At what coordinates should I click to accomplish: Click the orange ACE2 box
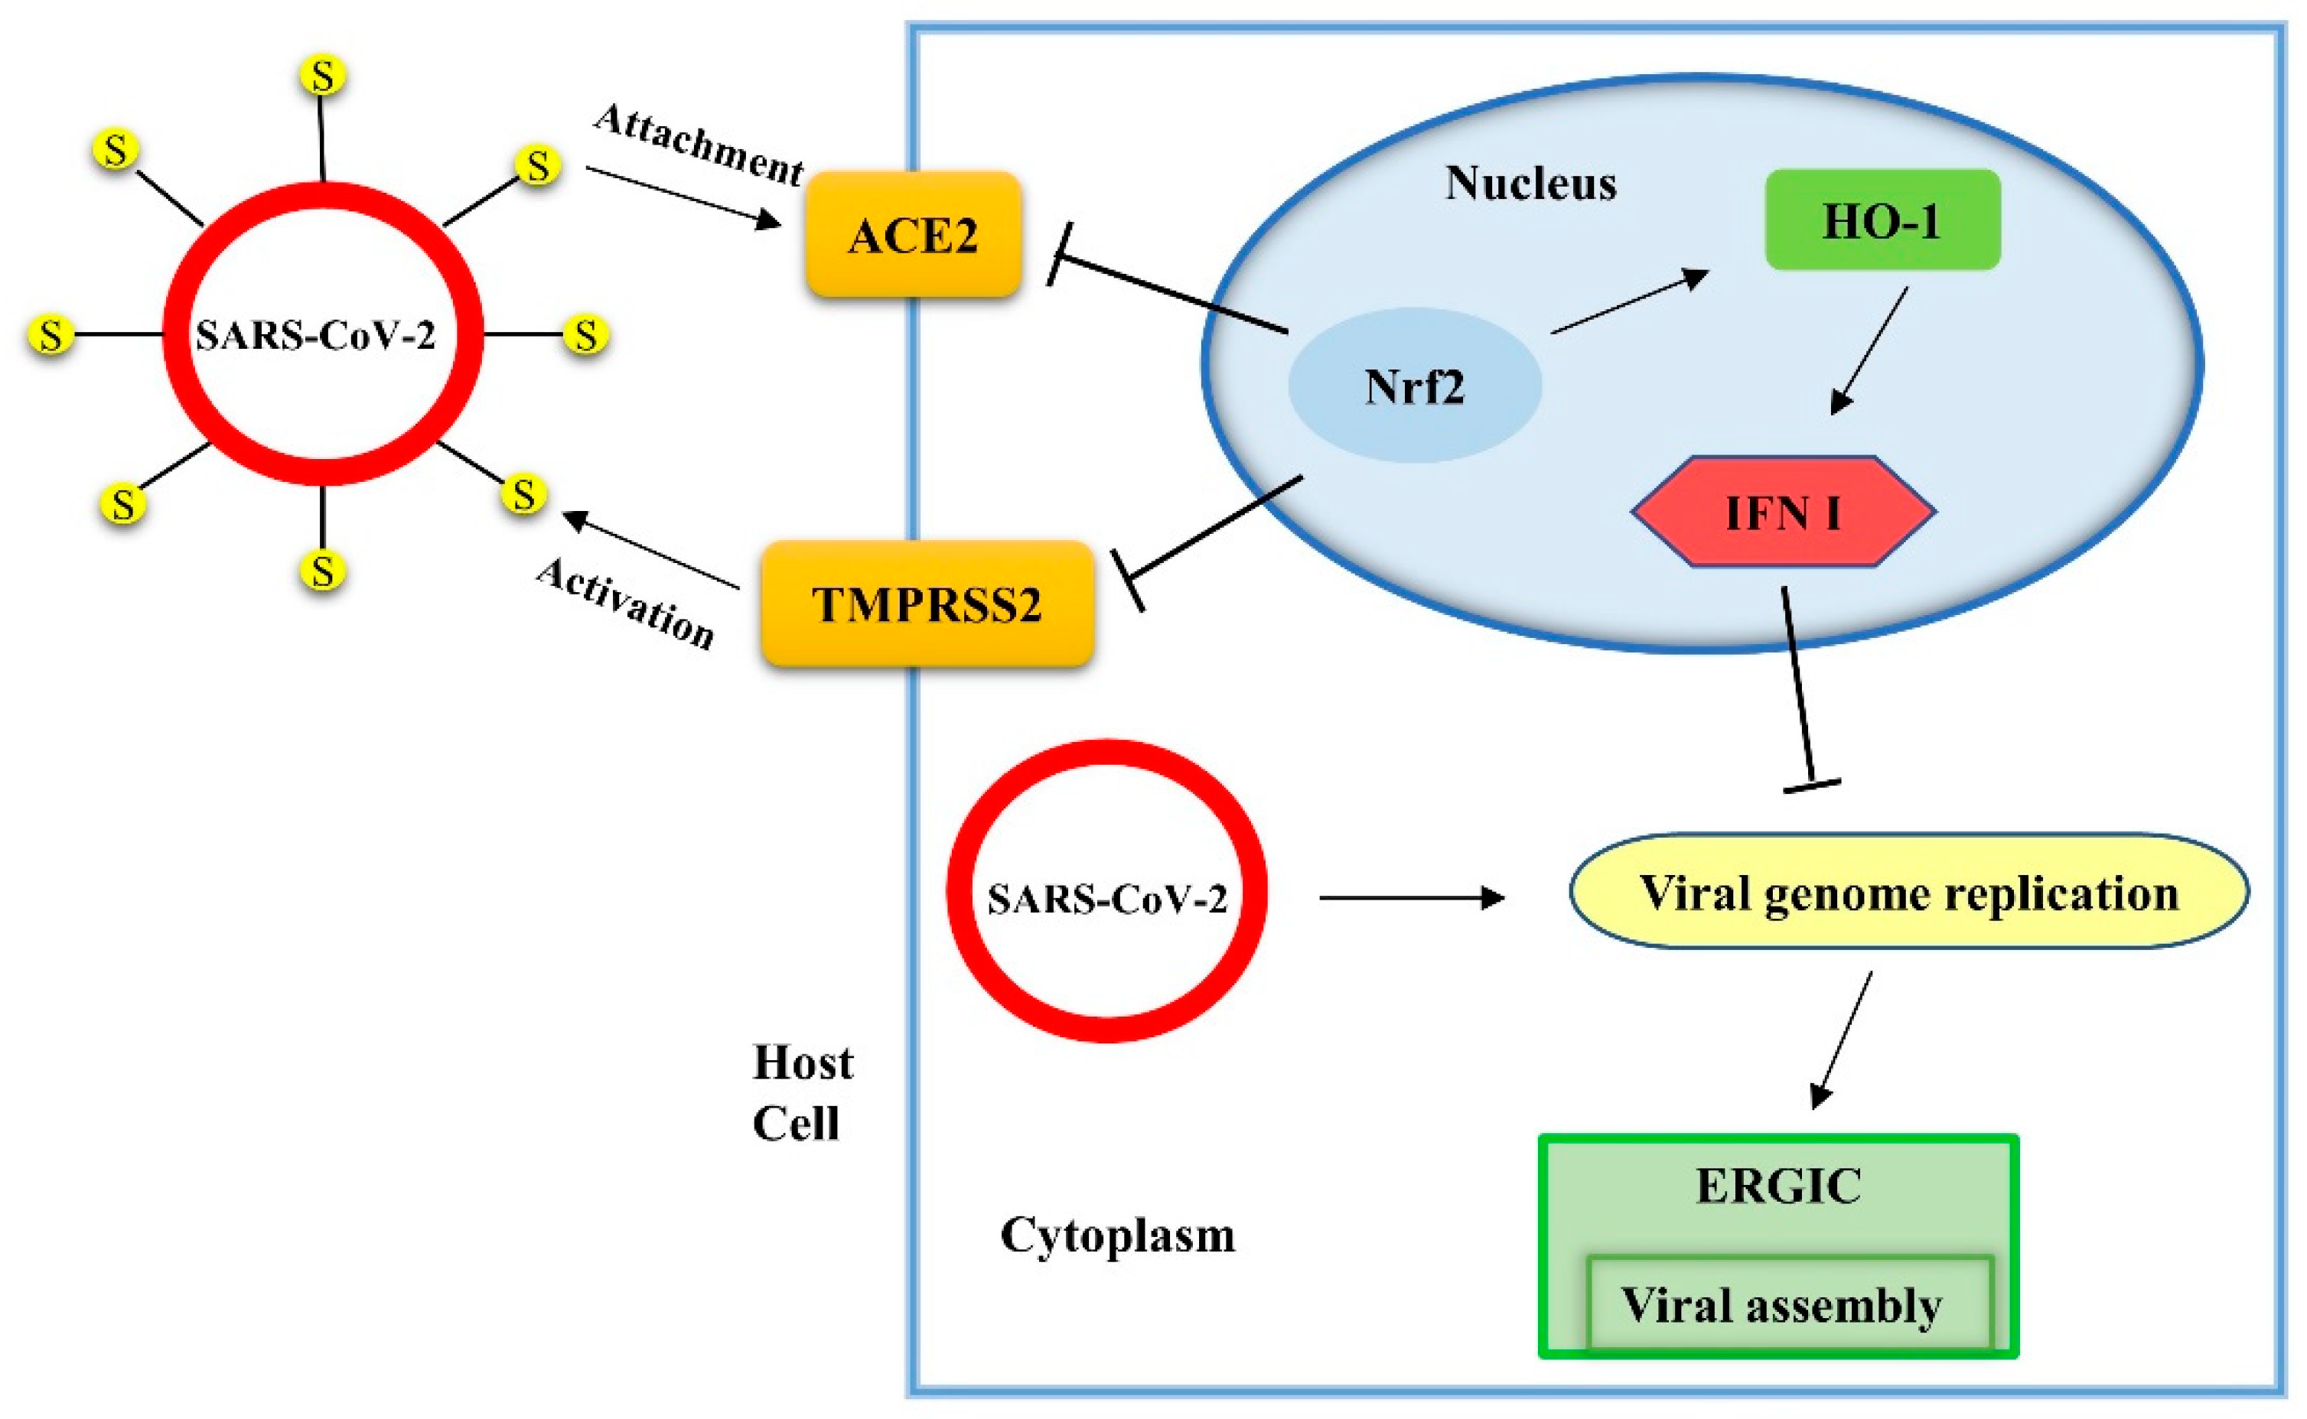point(913,235)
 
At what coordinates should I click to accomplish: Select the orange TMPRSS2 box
point(927,604)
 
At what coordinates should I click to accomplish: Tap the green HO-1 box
point(1882,220)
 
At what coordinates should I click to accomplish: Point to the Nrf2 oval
point(1414,386)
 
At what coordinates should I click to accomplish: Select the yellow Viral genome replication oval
point(1908,892)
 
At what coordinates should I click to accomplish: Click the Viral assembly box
point(1781,1304)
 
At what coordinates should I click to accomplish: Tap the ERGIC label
point(1778,1186)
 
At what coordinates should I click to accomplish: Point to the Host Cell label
point(803,1093)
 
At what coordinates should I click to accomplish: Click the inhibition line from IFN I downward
point(1798,690)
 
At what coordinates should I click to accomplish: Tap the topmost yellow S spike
point(323,76)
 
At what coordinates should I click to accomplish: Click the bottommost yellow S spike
point(323,571)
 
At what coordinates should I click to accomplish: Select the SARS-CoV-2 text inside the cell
point(1106,899)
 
